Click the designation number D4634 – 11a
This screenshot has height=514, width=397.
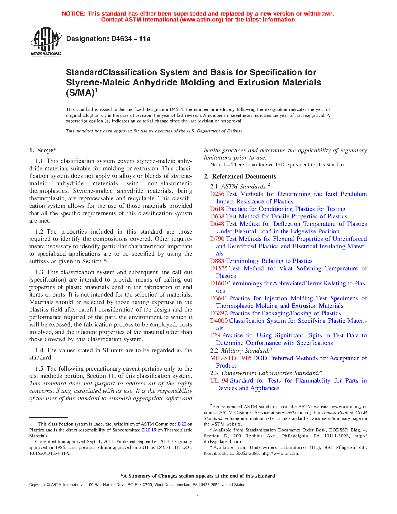coord(108,39)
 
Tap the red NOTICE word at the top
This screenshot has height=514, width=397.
coord(73,14)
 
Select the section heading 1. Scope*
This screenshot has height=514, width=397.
coord(43,150)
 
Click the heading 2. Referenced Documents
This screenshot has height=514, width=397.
coord(240,177)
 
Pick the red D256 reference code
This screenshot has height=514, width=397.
coord(217,194)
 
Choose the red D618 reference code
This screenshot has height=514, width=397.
coord(217,209)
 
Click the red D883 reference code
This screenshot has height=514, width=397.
coord(217,261)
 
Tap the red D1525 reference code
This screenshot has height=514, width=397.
coord(219,269)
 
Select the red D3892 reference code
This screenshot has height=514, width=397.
coord(219,313)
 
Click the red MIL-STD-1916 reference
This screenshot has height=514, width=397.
coord(231,358)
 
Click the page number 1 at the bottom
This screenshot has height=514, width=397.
coord(198,493)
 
